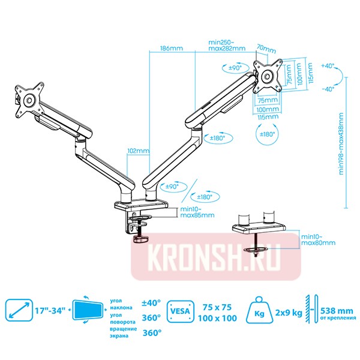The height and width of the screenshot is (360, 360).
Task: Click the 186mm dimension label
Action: click(x=172, y=49)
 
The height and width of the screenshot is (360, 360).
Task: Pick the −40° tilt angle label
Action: click(x=328, y=89)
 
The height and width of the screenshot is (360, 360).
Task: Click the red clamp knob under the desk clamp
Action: click(x=140, y=239)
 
